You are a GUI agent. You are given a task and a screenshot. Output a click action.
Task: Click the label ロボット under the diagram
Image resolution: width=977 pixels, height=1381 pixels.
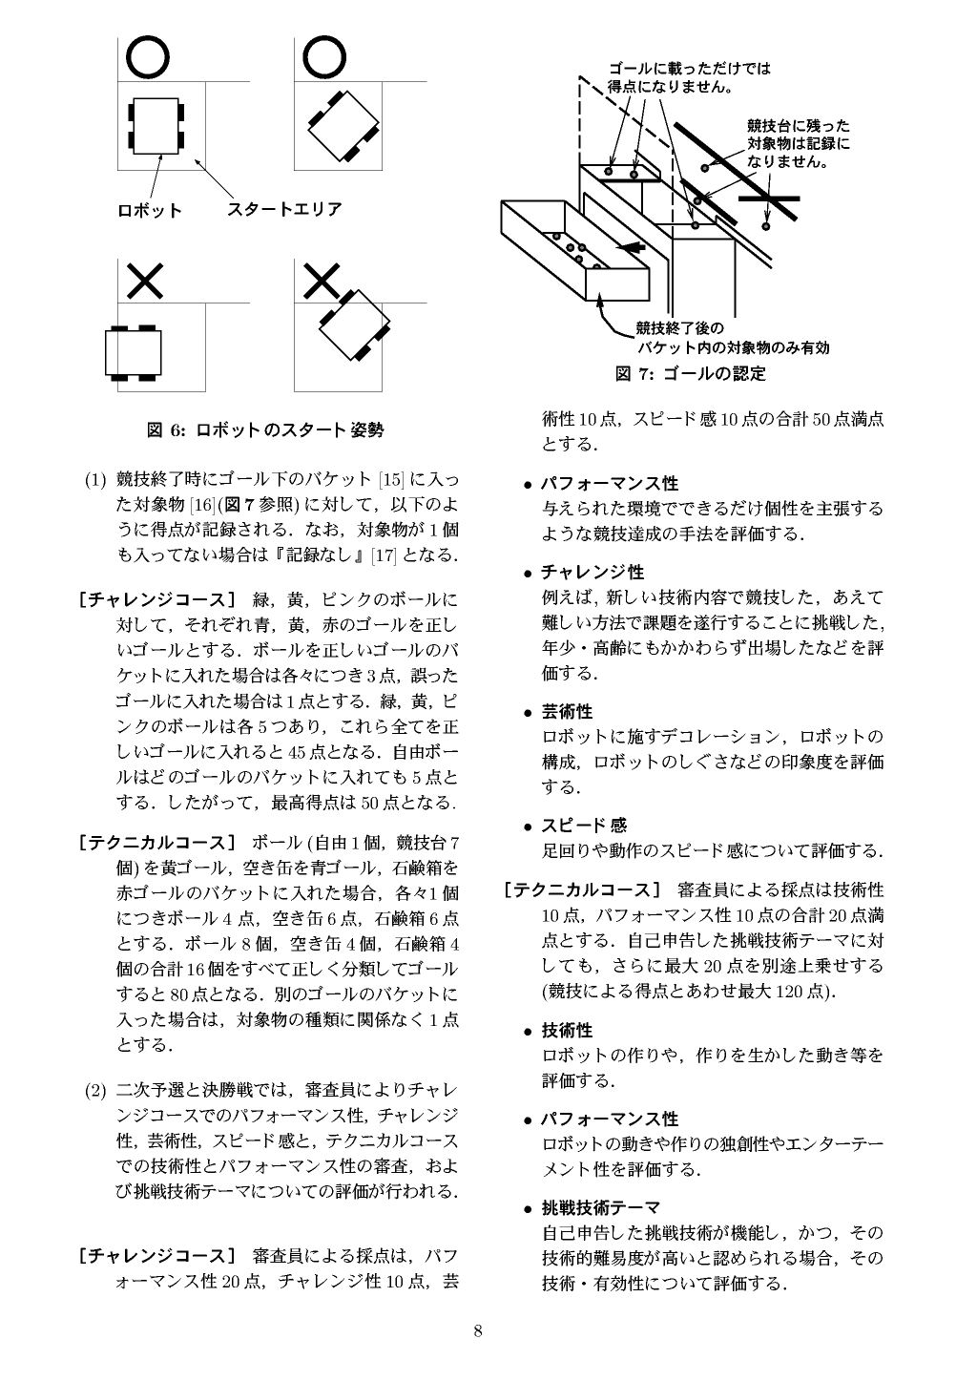coord(149,210)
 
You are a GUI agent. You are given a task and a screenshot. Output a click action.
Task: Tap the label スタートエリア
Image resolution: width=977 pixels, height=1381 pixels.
coord(284,209)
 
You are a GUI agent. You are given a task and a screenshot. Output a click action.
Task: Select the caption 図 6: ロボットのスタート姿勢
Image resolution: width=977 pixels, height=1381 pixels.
coord(265,430)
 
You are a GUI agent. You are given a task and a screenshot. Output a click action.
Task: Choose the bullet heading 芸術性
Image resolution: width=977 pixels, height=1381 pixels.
coord(567,712)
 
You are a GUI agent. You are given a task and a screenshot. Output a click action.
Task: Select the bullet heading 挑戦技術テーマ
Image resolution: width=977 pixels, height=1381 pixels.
coord(600,1208)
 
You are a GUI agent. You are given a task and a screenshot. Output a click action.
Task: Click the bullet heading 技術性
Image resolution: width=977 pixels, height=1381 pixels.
coord(567,1031)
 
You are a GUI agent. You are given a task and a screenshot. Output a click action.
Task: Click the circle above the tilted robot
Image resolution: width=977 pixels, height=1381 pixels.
coord(324,58)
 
